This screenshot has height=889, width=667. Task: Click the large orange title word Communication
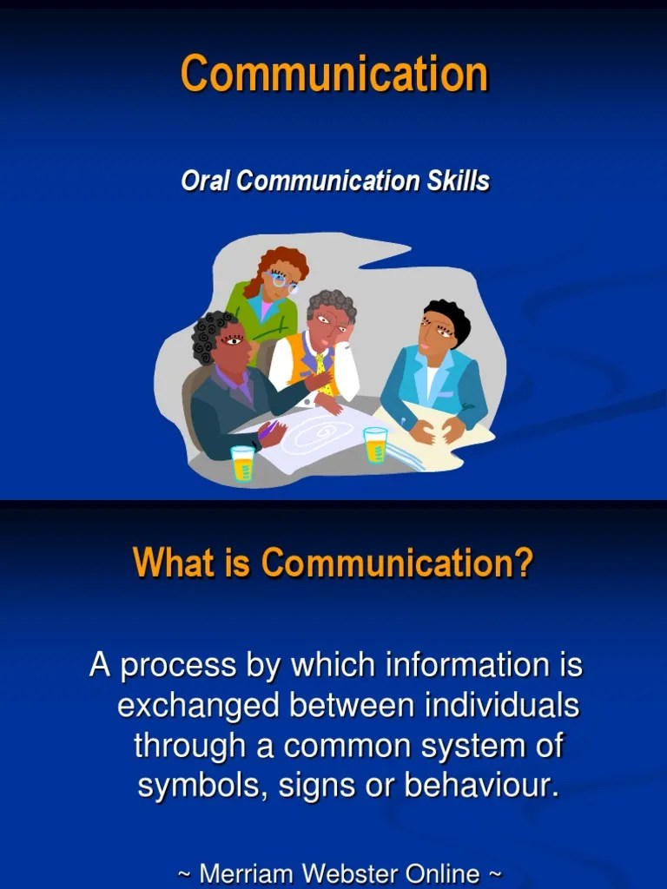pyautogui.click(x=334, y=74)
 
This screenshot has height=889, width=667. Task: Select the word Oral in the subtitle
pyautogui.click(x=206, y=181)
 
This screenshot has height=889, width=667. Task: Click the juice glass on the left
pyautogui.click(x=243, y=464)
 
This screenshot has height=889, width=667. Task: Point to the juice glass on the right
pyautogui.click(x=375, y=444)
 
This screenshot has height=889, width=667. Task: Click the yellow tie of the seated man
pyautogui.click(x=320, y=363)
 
